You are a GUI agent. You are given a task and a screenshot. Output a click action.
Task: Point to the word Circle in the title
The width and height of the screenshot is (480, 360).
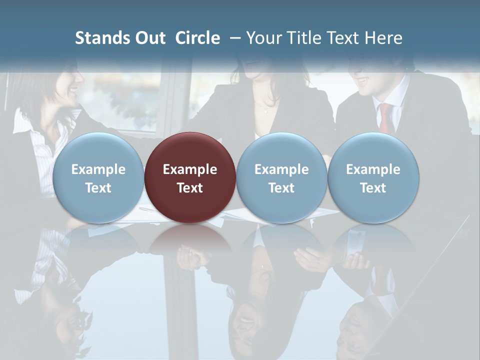[197, 38]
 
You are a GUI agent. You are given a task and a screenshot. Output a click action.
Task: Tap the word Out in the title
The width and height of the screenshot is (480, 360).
[149, 38]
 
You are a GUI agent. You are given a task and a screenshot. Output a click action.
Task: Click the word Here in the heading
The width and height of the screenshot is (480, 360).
[384, 38]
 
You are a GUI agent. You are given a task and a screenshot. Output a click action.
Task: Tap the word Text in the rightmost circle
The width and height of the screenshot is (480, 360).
[373, 188]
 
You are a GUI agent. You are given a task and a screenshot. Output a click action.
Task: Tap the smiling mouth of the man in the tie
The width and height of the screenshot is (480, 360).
[362, 80]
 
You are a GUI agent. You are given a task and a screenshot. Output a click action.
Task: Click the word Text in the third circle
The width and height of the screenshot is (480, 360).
[281, 188]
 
